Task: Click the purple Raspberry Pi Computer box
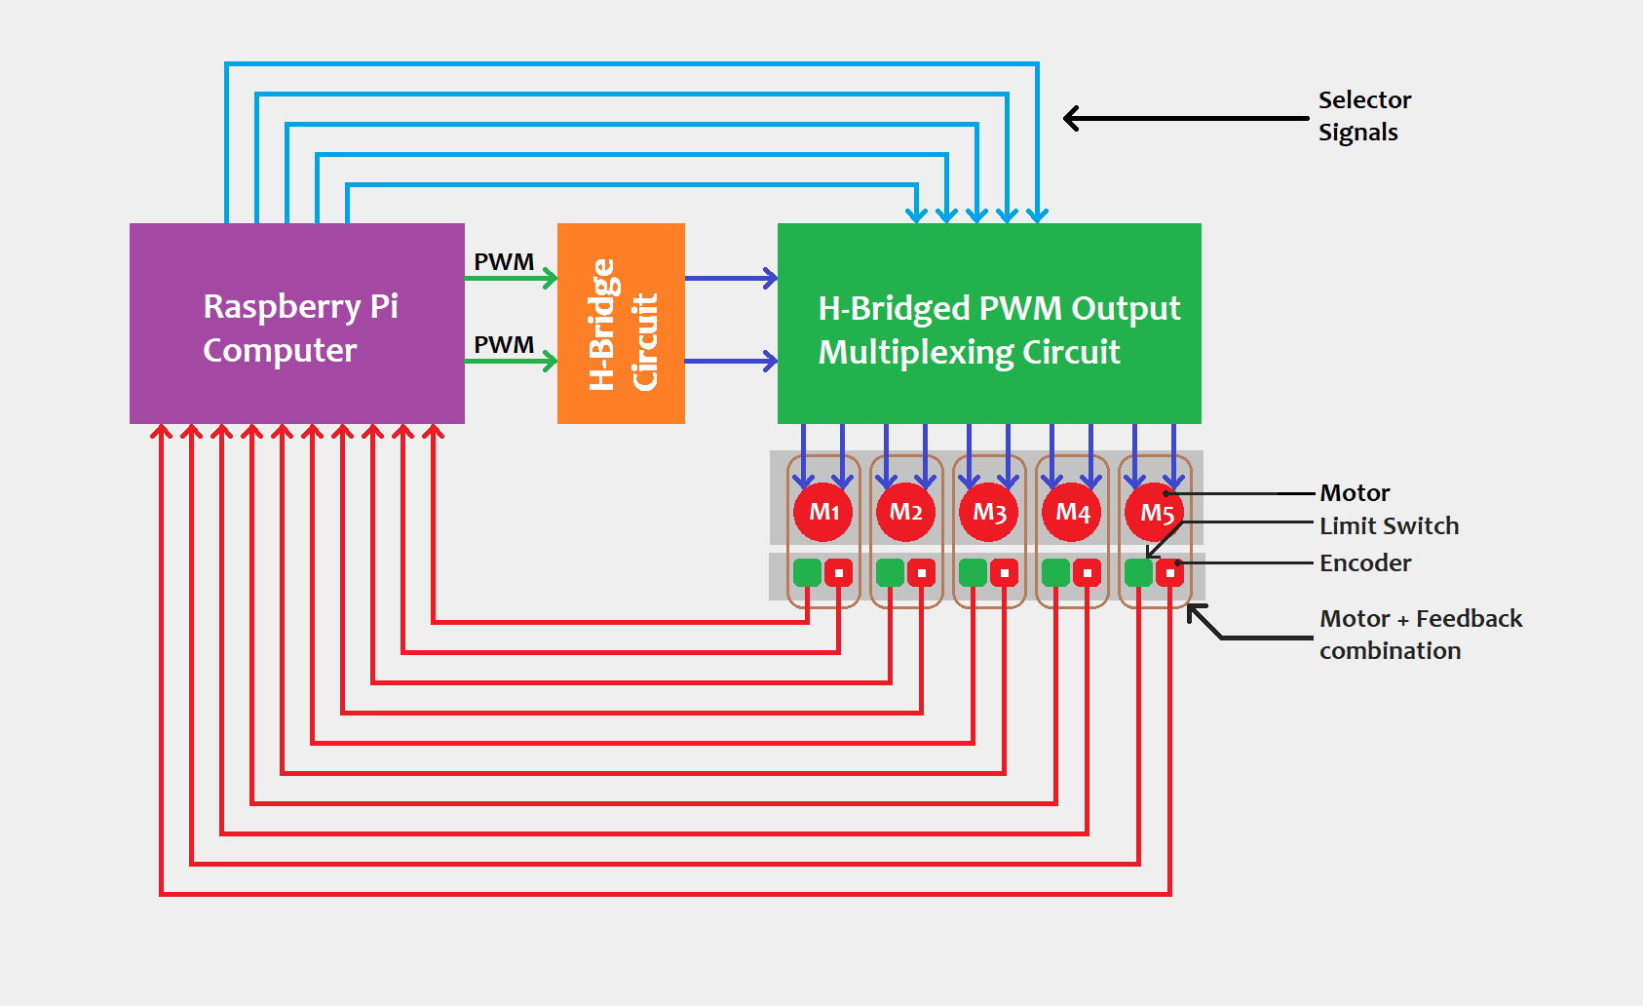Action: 296,324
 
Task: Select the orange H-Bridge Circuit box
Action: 621,324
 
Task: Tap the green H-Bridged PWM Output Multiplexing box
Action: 988,324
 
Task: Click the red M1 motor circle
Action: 823,512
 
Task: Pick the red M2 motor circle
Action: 906,512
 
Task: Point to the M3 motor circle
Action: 989,512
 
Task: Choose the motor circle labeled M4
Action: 1072,512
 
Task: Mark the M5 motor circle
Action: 1155,512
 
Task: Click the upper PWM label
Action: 504,262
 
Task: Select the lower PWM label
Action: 504,345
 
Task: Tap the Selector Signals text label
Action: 1363,116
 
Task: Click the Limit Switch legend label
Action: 1389,526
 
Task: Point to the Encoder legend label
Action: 1365,563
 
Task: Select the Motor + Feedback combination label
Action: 1420,635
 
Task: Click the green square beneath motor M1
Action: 807,572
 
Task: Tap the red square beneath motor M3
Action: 1004,572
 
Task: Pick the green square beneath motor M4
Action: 1055,572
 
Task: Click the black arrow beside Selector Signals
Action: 1184,118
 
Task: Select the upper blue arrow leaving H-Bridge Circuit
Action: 731,279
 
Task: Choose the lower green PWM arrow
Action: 511,362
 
